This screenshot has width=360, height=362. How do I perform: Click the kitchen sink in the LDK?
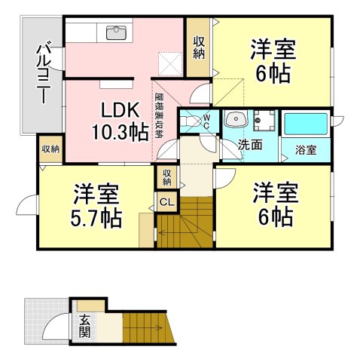[x=116, y=32]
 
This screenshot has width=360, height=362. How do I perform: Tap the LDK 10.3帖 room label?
[x=120, y=121]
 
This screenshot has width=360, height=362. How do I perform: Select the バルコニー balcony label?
[x=44, y=74]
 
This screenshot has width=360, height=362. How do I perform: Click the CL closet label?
[x=167, y=202]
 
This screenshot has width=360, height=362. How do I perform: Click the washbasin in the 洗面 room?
[x=236, y=118]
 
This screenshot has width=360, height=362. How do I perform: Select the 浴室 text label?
[x=306, y=150]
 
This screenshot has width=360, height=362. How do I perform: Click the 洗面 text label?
[x=250, y=144]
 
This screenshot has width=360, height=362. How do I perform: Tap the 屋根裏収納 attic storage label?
[x=158, y=115]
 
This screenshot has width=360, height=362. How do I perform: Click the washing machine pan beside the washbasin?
[x=264, y=121]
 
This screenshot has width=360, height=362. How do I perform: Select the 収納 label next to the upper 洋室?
[x=199, y=48]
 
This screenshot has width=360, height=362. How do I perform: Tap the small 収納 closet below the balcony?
[x=50, y=149]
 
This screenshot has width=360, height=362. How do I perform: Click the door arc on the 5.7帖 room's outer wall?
[x=26, y=205]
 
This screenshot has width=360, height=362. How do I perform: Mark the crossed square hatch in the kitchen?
[x=169, y=63]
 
